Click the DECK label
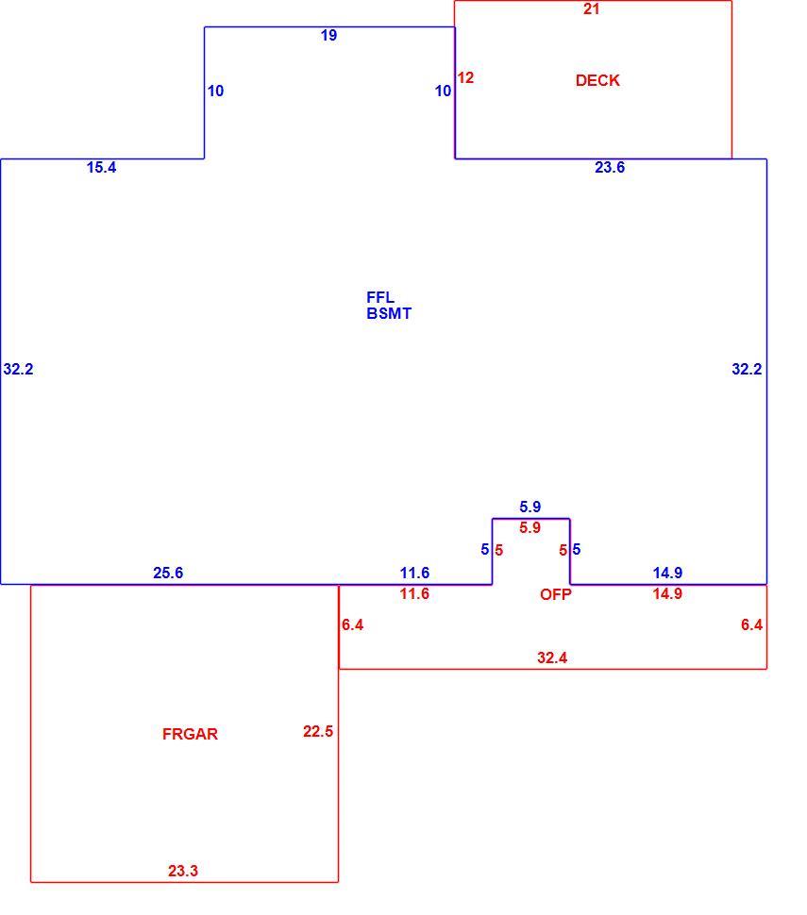(x=597, y=80)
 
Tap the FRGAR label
(x=190, y=734)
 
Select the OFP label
(x=555, y=594)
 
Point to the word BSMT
(x=389, y=314)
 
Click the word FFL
(x=380, y=297)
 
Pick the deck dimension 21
(x=591, y=8)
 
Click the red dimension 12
(x=465, y=77)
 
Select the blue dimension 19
(x=328, y=36)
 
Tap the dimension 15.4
(x=102, y=168)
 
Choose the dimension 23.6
(x=610, y=168)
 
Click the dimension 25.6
(x=168, y=573)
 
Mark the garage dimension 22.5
(x=318, y=731)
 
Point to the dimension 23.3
(x=183, y=872)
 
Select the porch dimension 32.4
(x=552, y=658)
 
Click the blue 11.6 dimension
(x=414, y=573)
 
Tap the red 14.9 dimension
(x=667, y=593)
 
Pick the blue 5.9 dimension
(x=530, y=507)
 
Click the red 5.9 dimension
(x=530, y=527)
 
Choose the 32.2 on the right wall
(x=747, y=370)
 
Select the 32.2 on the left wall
(x=18, y=370)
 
